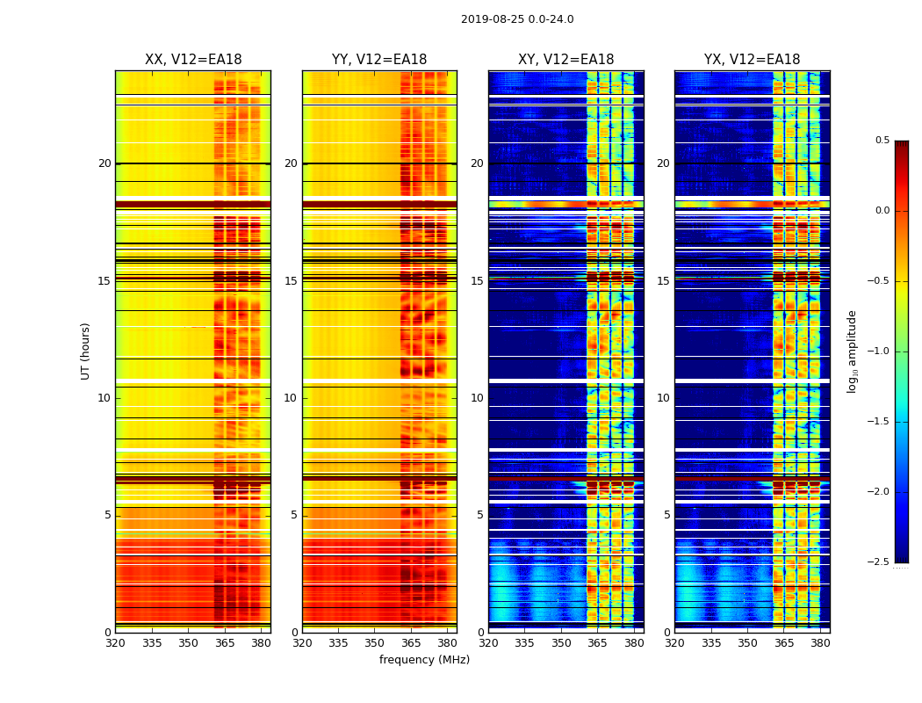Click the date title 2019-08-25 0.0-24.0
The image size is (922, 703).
coord(517,19)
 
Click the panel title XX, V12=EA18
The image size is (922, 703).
coord(193,60)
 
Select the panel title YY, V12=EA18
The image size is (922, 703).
coord(379,60)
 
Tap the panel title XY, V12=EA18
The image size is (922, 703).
coord(565,60)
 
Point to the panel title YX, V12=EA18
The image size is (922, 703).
coord(752,60)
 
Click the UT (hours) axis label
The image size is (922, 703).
coord(85,351)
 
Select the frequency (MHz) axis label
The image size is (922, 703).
coord(424,660)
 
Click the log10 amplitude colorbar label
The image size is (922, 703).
coord(852,351)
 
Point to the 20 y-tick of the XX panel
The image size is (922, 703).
coord(104,163)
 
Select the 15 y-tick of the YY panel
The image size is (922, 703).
coord(291,281)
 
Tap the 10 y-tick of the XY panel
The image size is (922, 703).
coord(477,398)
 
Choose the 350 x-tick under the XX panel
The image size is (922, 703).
coord(188,642)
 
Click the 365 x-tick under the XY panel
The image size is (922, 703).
coord(598,642)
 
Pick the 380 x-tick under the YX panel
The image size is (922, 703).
coord(820,642)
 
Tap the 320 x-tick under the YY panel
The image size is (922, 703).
coord(302,642)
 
